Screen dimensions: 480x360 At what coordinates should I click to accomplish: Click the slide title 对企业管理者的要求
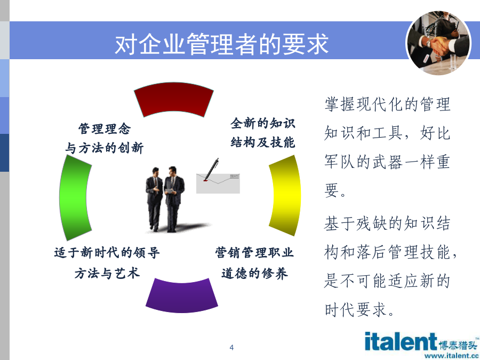click(x=222, y=44)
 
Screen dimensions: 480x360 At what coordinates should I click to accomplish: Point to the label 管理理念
click(x=105, y=129)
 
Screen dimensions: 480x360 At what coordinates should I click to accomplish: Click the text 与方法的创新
click(x=104, y=148)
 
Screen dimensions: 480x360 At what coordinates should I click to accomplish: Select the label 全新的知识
click(x=262, y=123)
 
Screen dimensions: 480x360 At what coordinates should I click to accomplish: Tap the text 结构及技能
click(x=262, y=142)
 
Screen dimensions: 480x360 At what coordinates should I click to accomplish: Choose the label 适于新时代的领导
click(x=107, y=253)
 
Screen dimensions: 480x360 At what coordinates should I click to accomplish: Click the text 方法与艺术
click(x=107, y=273)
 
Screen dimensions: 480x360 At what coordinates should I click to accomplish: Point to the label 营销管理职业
click(x=254, y=253)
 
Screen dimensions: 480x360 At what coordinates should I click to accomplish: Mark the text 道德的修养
click(x=254, y=273)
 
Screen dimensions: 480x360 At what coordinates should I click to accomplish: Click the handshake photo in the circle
click(x=438, y=43)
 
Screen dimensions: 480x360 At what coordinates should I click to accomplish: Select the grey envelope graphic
click(x=218, y=183)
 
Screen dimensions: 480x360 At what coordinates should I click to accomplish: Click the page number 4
click(x=231, y=347)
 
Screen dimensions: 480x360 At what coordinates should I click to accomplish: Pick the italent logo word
click(x=401, y=341)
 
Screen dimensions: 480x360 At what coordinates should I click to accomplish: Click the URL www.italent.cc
click(x=452, y=356)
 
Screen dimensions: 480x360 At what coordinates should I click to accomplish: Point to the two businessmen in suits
click(x=165, y=199)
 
